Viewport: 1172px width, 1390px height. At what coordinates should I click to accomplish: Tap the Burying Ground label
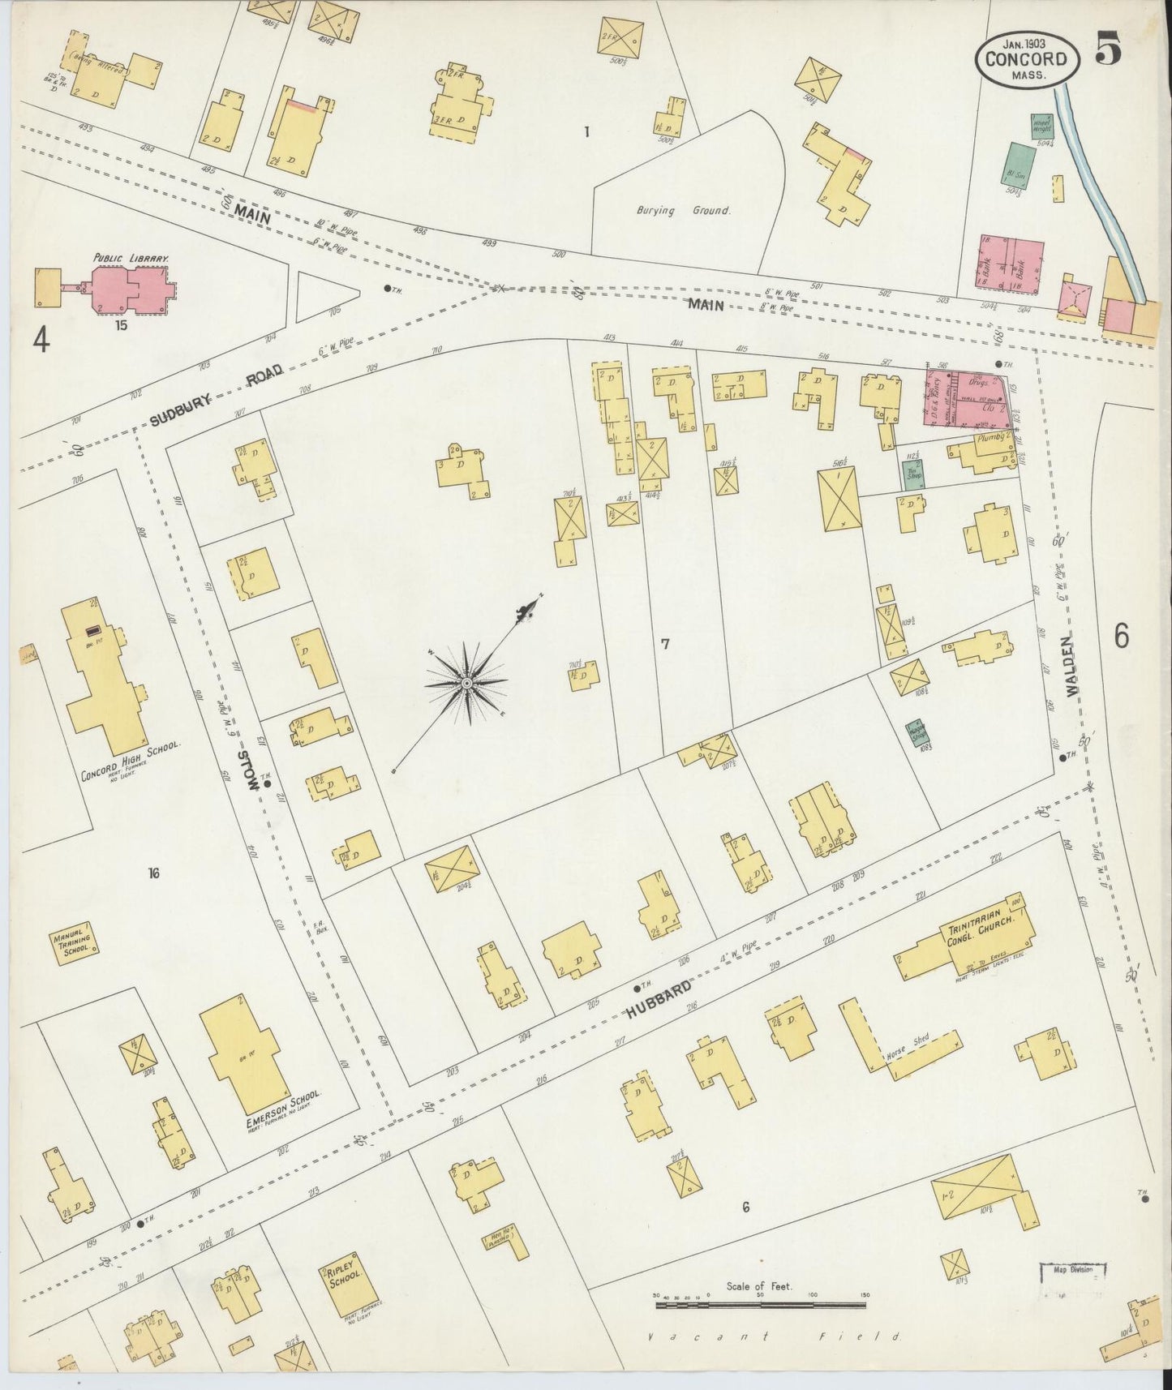(683, 210)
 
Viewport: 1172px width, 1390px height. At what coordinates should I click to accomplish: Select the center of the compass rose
(466, 684)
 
